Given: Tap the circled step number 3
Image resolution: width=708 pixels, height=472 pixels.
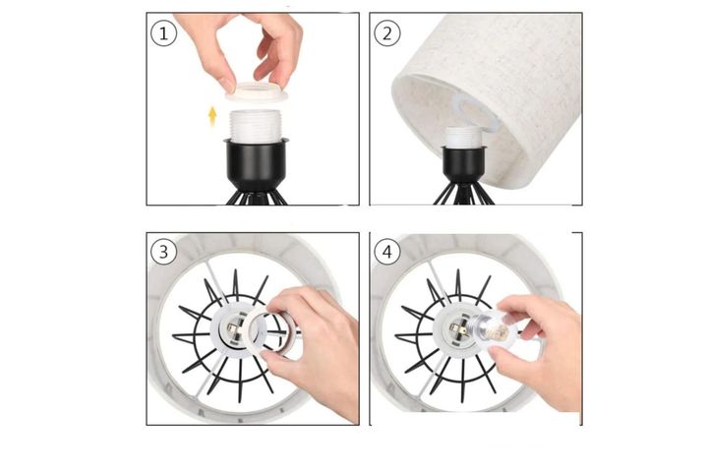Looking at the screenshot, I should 163,252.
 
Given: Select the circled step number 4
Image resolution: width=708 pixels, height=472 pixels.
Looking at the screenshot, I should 386,252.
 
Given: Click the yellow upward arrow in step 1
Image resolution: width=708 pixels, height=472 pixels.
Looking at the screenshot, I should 211,116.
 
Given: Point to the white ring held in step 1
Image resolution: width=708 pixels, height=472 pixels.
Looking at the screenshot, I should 257,94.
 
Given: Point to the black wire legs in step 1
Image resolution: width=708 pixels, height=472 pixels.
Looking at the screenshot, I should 257,196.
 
